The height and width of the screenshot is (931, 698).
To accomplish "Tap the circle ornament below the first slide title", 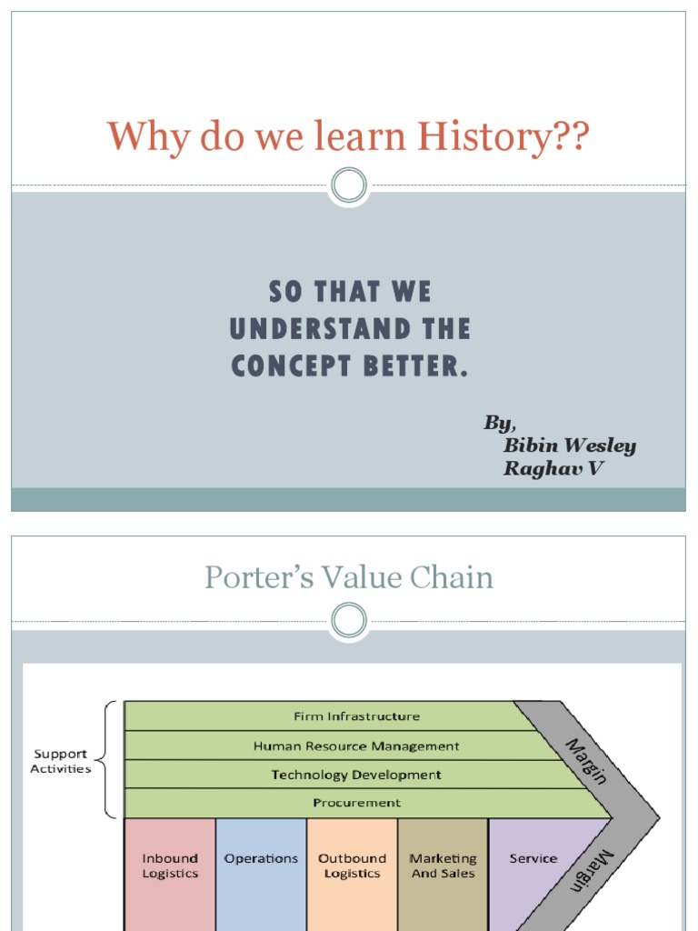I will pos(348,186).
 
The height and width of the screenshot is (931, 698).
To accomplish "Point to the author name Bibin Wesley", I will pos(570,445).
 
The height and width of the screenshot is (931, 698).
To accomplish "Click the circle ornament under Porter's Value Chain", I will pos(348,622).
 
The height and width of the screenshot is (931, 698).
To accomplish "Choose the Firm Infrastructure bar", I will pos(356,716).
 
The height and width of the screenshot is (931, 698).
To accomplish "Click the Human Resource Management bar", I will pos(356,746).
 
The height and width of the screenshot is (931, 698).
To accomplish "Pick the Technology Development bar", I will pos(356,775).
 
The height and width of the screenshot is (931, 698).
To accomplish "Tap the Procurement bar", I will pos(356,803).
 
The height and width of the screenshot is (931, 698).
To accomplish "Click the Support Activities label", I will pos(61,761).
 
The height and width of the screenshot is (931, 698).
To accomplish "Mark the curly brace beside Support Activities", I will pos(107,759).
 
